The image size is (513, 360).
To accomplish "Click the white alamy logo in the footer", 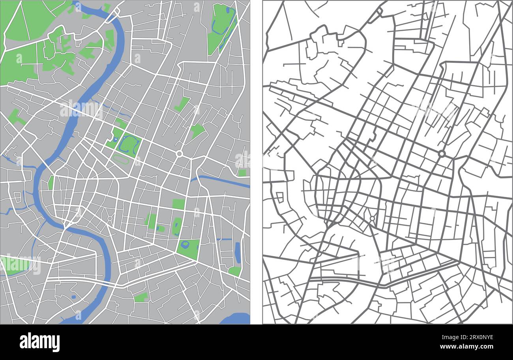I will coord(39,342).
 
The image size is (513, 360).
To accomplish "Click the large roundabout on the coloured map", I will coord(180,154).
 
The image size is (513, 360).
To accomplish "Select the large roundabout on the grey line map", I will coord(442,154).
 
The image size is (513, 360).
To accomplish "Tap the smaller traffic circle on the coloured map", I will coord(110,218).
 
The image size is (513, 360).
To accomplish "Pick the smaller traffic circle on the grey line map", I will coord(372,218).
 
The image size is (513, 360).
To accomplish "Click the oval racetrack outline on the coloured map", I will coord(121,159).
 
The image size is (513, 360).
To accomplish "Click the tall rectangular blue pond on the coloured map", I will coord(237,253).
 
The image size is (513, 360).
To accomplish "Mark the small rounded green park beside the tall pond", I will coord(234,271).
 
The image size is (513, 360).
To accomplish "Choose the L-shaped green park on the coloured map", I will coord(182,104).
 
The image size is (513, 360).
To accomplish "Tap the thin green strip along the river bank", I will coord(51,183).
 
